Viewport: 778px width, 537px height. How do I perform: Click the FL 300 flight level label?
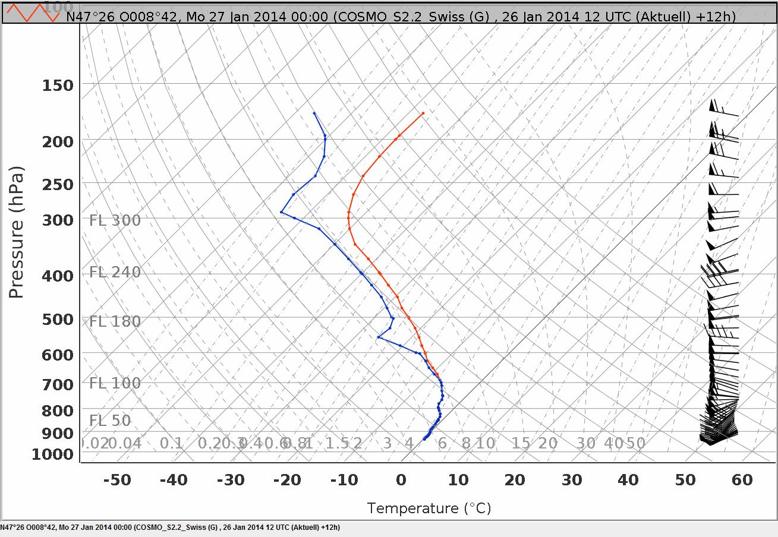(x=115, y=220)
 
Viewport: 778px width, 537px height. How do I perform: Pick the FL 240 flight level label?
(x=115, y=272)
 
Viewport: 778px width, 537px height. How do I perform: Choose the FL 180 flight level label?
(x=115, y=321)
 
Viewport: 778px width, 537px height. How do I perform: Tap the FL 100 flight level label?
(x=115, y=383)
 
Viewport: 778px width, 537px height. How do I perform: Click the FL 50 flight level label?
(x=110, y=421)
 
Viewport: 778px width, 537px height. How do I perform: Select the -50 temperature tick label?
(x=117, y=480)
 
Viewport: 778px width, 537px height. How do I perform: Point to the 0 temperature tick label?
(x=401, y=480)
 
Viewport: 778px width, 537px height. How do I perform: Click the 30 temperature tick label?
(x=572, y=480)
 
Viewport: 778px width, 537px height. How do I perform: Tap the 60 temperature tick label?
(x=742, y=480)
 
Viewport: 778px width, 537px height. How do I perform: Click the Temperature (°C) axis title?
(x=429, y=508)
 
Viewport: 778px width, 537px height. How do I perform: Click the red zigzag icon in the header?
(x=33, y=13)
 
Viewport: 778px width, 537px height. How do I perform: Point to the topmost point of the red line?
(x=423, y=113)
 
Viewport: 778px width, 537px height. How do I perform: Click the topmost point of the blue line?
(x=314, y=113)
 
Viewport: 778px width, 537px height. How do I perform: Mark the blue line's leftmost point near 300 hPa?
(x=281, y=212)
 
